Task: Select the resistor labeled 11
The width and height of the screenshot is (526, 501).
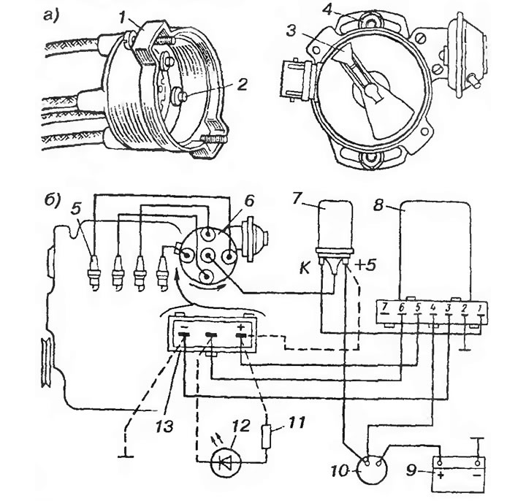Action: [267, 437]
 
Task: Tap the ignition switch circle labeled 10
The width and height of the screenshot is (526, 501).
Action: [372, 469]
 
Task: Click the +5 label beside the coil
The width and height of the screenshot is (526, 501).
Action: [366, 265]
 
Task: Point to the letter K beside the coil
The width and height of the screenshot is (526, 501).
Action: [305, 267]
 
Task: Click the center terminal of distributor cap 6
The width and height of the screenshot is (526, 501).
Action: [208, 256]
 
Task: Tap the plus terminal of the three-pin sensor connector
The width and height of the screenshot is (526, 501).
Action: [242, 334]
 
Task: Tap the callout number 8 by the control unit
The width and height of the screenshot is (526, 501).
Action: [378, 204]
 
